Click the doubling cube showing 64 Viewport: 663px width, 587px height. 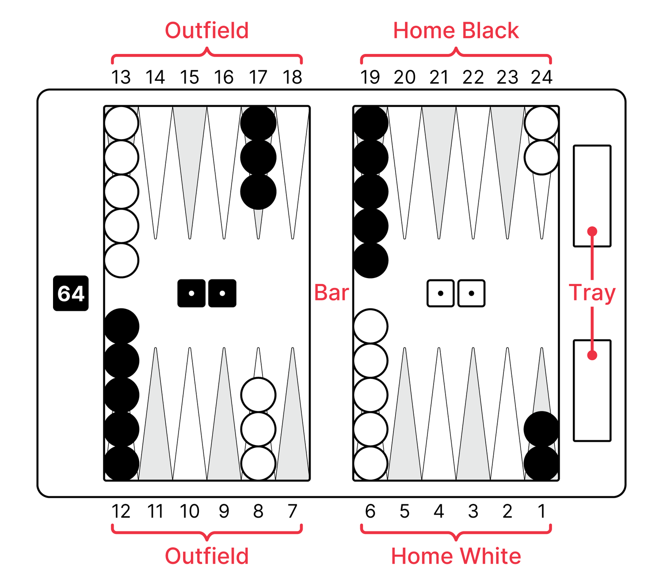pos(71,293)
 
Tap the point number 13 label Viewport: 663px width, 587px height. pos(121,77)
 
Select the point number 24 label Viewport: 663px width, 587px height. pos(541,77)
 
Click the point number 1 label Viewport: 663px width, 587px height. pos(541,511)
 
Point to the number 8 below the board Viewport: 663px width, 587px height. pos(258,511)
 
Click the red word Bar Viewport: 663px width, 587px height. pos(331,293)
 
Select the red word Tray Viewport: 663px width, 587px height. pos(592,293)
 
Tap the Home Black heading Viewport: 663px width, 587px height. pos(456,31)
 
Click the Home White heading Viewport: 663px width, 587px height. pos(456,556)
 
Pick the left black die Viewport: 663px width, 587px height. pos(191,293)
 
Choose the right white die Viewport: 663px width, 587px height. pos(472,293)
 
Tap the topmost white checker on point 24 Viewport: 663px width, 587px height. pos(541,123)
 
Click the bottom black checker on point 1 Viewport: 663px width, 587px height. pos(541,463)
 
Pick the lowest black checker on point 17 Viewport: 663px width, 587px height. pos(258,192)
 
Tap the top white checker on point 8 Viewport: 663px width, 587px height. pos(258,395)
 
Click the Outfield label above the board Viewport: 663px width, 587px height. pos(206,31)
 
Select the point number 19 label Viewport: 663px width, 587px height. pos(370,77)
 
